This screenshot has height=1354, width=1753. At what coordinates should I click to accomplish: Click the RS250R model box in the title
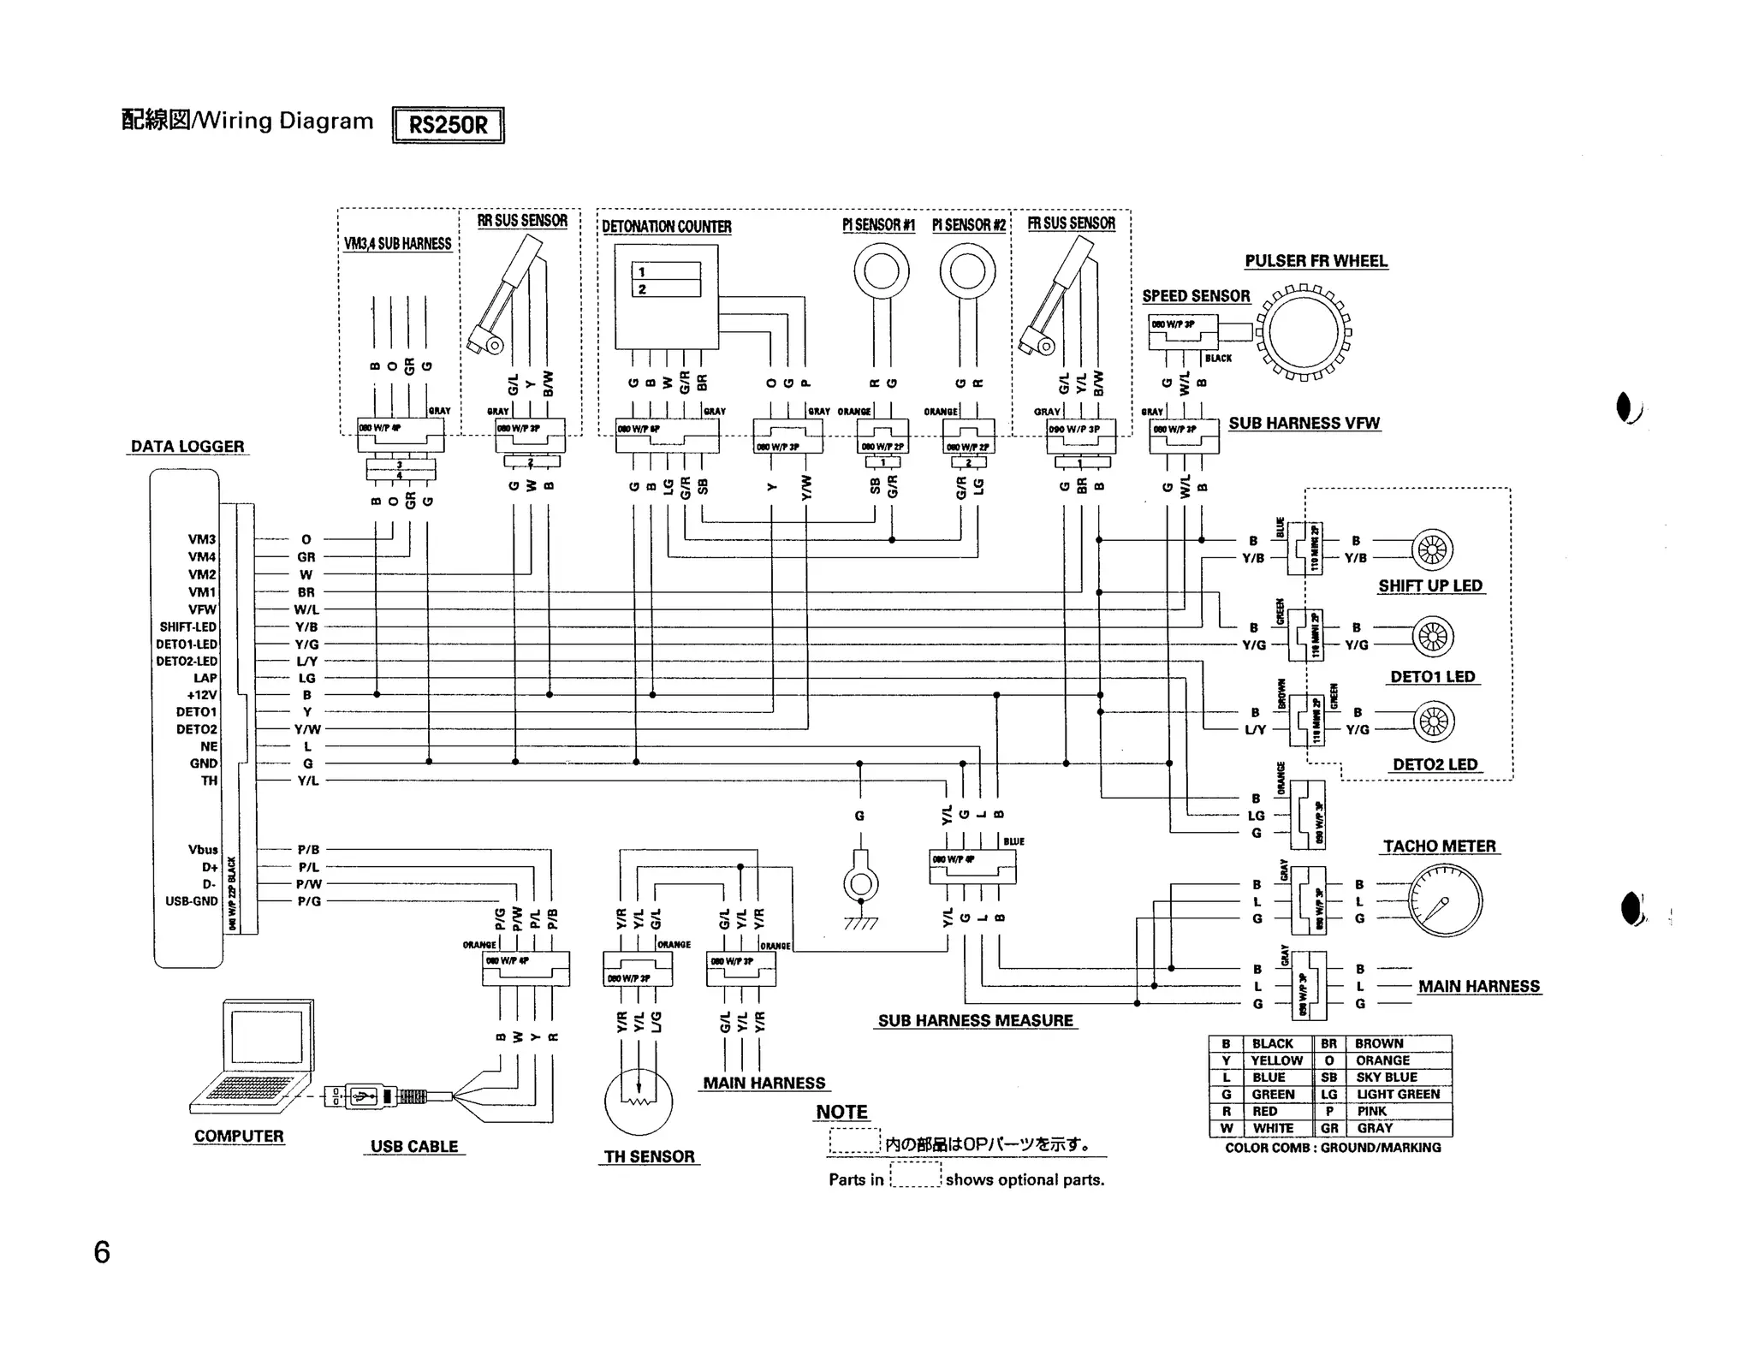[448, 125]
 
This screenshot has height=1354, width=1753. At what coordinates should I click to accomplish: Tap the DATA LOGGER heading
[187, 446]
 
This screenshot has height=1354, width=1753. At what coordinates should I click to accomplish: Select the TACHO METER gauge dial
[1444, 900]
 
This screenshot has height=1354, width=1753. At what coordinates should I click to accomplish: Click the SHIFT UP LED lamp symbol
[1432, 549]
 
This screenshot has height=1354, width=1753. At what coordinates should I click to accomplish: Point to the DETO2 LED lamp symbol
[1433, 722]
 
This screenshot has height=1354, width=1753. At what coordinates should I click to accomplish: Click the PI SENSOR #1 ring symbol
[881, 272]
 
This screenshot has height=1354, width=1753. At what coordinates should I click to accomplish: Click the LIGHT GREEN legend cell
[1398, 1094]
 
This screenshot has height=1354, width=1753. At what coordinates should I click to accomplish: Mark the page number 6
[102, 1252]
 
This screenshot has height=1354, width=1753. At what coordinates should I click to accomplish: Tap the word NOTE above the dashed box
[841, 1112]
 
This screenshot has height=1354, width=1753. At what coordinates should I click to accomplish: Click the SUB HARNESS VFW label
[1304, 423]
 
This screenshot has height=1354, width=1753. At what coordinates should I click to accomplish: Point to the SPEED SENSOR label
[1196, 296]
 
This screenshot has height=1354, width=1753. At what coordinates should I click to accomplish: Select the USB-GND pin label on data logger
[192, 901]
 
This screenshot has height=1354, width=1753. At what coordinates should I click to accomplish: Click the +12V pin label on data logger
[202, 695]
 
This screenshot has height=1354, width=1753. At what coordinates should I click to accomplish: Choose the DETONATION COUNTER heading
[666, 227]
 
